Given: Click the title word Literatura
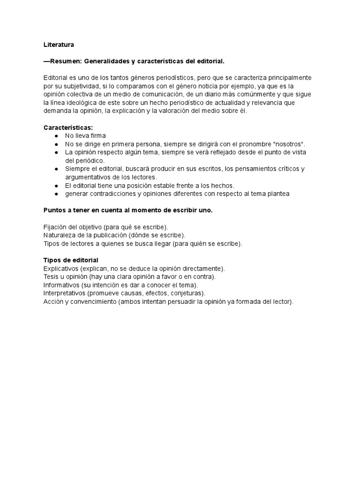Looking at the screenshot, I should (59, 45).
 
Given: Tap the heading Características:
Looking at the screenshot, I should (68, 127).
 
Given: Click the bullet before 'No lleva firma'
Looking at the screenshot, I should (56, 136).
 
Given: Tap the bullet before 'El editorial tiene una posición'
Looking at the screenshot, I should (56, 186).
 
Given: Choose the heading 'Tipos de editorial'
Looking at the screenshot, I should (71, 260).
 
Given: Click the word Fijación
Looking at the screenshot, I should (55, 227).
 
